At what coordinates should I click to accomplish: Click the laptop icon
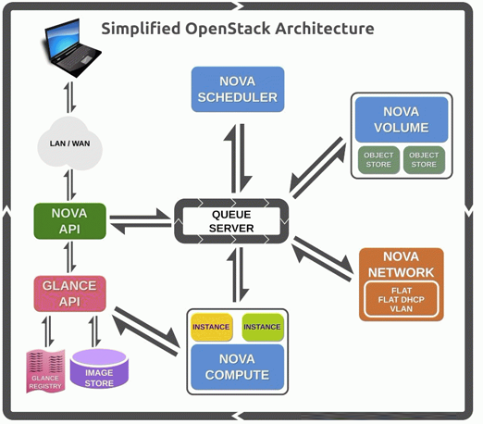pyautogui.click(x=71, y=47)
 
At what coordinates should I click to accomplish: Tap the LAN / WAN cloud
pyautogui.click(x=69, y=143)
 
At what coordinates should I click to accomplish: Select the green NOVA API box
pyautogui.click(x=69, y=221)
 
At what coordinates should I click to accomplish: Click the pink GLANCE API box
pyautogui.click(x=69, y=293)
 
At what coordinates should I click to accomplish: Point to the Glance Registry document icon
pyautogui.click(x=45, y=371)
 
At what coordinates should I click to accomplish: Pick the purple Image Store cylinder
pyautogui.click(x=99, y=368)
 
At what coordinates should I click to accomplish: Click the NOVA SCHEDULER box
pyautogui.click(x=238, y=89)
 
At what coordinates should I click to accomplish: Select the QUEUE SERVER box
pyautogui.click(x=231, y=221)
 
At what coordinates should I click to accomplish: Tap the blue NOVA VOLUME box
pyautogui.click(x=402, y=119)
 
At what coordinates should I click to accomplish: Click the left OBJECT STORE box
pyautogui.click(x=378, y=160)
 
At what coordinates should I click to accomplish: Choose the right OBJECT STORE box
pyautogui.click(x=424, y=160)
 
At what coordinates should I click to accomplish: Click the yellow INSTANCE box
pyautogui.click(x=211, y=327)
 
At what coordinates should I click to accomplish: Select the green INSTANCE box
pyautogui.click(x=262, y=327)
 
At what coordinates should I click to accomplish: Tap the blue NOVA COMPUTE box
pyautogui.click(x=237, y=367)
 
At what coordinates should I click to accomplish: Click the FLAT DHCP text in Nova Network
pyautogui.click(x=402, y=300)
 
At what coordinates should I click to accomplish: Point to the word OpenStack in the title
pyautogui.click(x=228, y=29)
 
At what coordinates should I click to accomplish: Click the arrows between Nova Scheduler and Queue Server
pyautogui.click(x=238, y=158)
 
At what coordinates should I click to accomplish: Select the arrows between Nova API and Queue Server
pyautogui.click(x=141, y=221)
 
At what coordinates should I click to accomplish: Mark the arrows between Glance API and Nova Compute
pyautogui.click(x=145, y=331)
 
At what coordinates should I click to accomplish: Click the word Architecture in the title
pyautogui.click(x=325, y=29)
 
